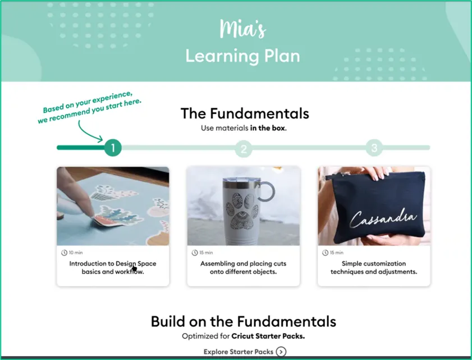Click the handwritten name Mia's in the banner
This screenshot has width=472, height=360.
242,29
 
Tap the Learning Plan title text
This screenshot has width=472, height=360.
242,56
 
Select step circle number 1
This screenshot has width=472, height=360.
113,148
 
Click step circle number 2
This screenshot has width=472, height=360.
244,148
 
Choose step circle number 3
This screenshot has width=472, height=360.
374,148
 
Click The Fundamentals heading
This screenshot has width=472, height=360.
245,113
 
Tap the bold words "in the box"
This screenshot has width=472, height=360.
268,128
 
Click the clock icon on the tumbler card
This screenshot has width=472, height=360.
195,253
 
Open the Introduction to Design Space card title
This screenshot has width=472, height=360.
113,267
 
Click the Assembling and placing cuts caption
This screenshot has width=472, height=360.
243,267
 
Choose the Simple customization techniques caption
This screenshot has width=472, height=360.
374,267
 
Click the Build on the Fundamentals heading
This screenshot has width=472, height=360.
244,321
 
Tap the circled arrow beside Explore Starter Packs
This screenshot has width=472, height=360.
281,352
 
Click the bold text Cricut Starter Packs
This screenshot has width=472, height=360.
268,336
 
